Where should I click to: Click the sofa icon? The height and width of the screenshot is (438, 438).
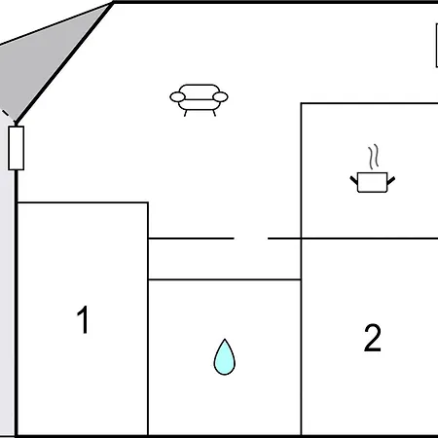click(x=199, y=99)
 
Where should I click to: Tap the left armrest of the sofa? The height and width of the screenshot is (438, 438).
click(x=177, y=96)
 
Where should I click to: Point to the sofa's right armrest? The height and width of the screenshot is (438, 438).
click(x=220, y=96)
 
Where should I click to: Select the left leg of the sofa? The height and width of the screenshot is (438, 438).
click(x=186, y=113)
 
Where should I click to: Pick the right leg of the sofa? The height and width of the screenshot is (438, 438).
click(x=214, y=113)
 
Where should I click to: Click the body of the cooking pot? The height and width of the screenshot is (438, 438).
click(x=372, y=182)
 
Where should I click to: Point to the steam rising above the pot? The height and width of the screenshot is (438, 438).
click(x=374, y=157)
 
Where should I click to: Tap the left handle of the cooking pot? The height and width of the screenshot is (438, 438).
click(x=353, y=180)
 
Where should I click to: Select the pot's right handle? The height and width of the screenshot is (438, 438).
click(x=391, y=180)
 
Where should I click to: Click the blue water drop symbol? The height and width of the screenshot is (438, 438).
click(x=224, y=358)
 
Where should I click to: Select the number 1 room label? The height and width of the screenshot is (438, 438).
click(x=83, y=319)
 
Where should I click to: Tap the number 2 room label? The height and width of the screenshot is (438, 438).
click(x=373, y=338)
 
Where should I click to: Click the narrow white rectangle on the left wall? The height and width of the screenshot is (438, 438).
click(x=16, y=148)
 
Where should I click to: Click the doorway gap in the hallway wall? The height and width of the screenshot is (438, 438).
click(x=251, y=238)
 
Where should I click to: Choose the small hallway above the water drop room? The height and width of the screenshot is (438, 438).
click(x=225, y=259)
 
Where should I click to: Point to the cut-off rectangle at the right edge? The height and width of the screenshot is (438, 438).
click(x=437, y=46)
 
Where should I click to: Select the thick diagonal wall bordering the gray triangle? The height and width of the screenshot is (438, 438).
click(x=64, y=62)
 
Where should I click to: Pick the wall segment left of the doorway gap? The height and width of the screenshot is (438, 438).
click(x=191, y=238)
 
